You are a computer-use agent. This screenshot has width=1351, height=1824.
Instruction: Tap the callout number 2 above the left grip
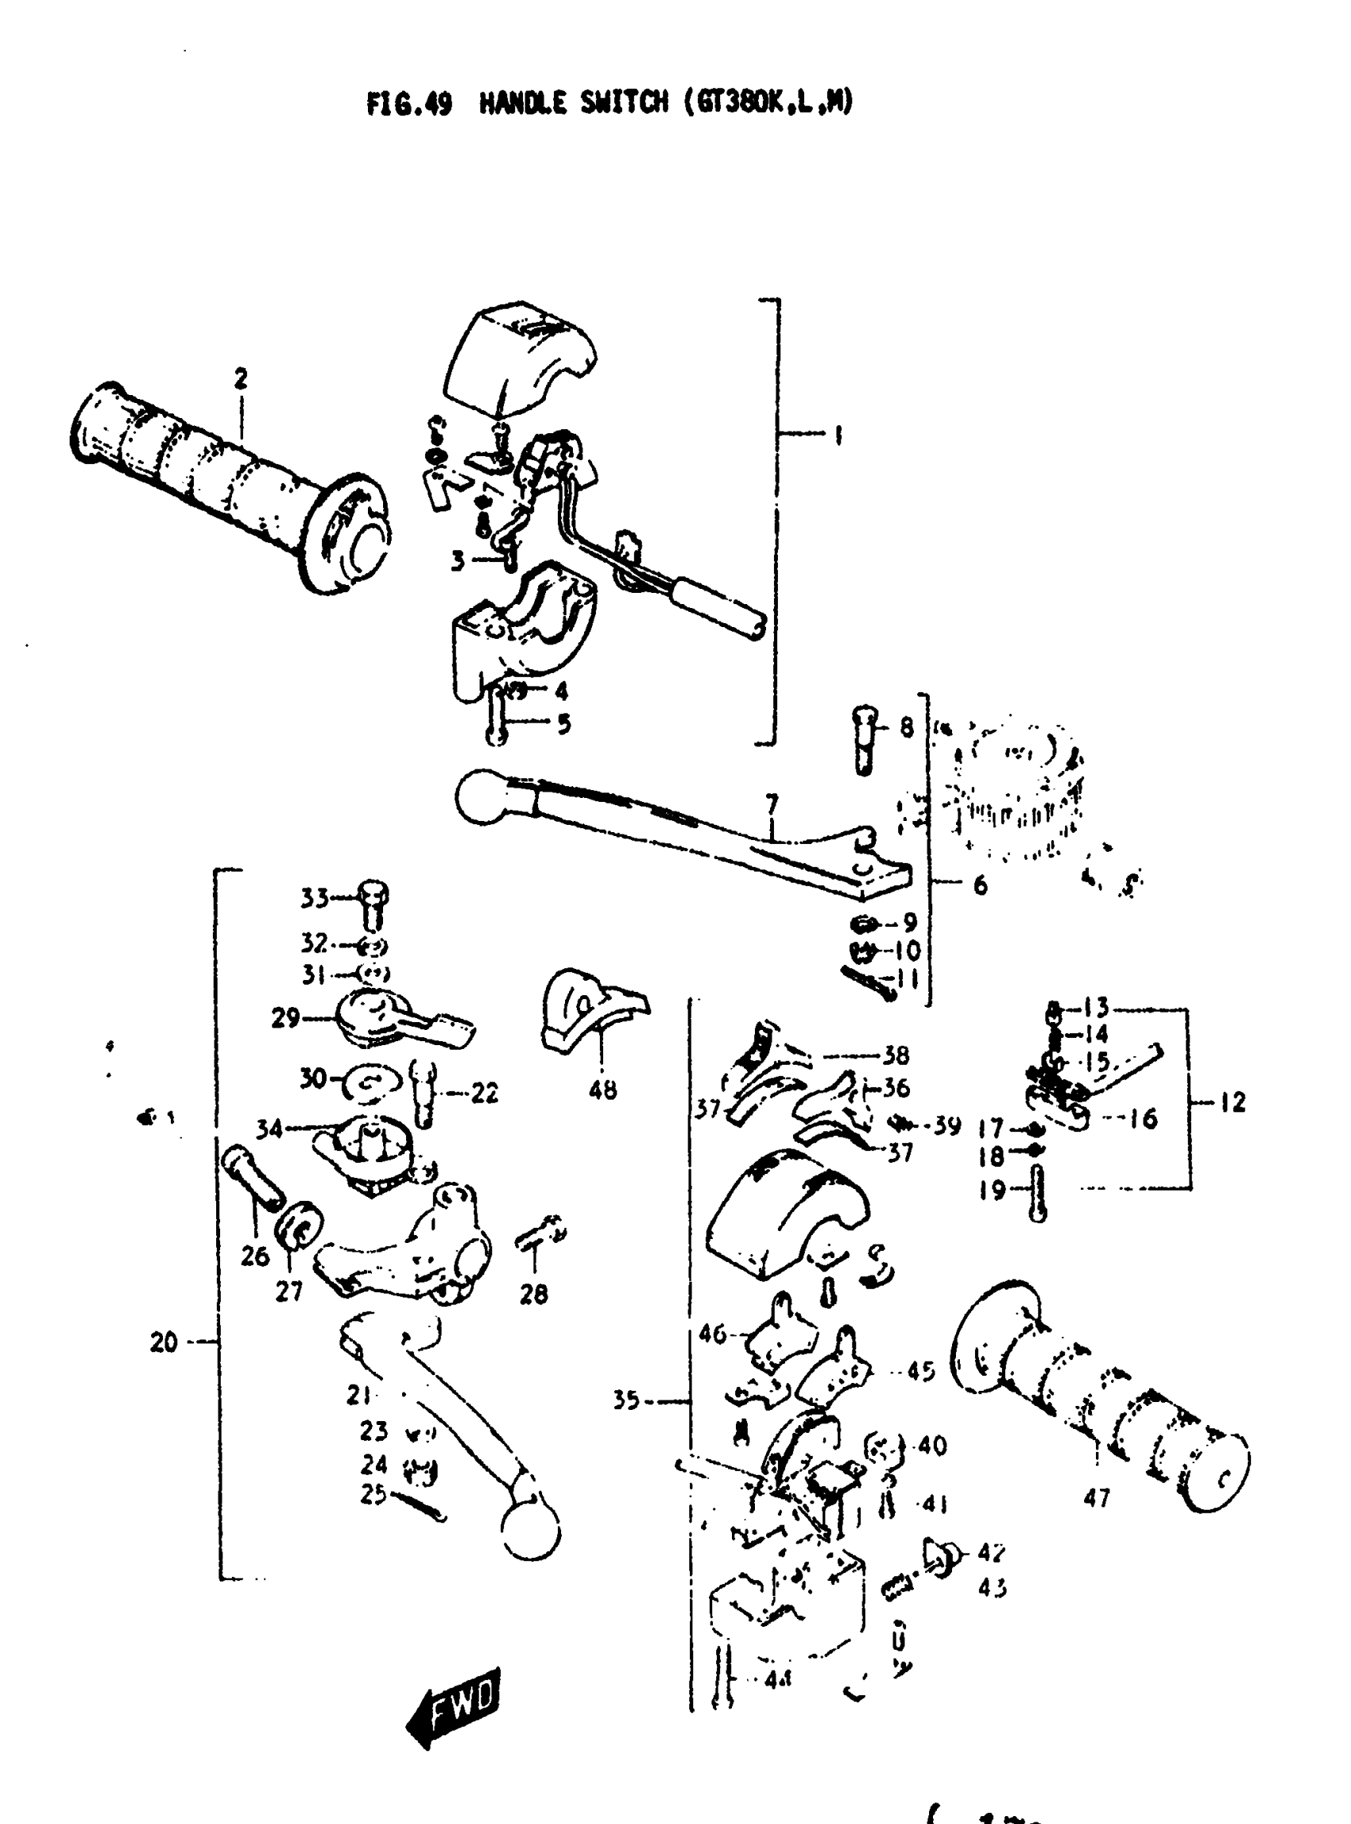240,378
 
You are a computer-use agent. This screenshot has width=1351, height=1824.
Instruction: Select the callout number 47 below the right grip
1096,1497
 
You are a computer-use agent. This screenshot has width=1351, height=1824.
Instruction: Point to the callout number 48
602,1090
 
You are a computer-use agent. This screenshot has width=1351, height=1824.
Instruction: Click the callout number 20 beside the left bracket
164,1342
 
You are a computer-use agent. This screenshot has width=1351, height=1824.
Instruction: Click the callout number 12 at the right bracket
1233,1102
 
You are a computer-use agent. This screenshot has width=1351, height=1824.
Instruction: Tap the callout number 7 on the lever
772,806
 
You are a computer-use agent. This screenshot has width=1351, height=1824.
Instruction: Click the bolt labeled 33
373,904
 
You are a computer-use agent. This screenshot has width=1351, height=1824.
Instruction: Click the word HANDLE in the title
522,103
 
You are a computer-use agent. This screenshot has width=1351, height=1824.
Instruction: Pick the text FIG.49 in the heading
409,104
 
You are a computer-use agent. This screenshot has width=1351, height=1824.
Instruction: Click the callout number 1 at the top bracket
837,436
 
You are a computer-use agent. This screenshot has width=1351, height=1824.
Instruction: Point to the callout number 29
285,1018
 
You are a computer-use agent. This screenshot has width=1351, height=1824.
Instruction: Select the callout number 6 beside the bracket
980,885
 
